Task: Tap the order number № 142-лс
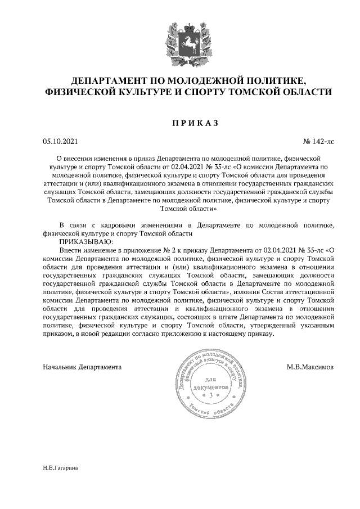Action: point(319,141)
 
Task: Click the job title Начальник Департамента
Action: point(82,367)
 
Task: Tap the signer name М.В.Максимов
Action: point(310,367)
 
